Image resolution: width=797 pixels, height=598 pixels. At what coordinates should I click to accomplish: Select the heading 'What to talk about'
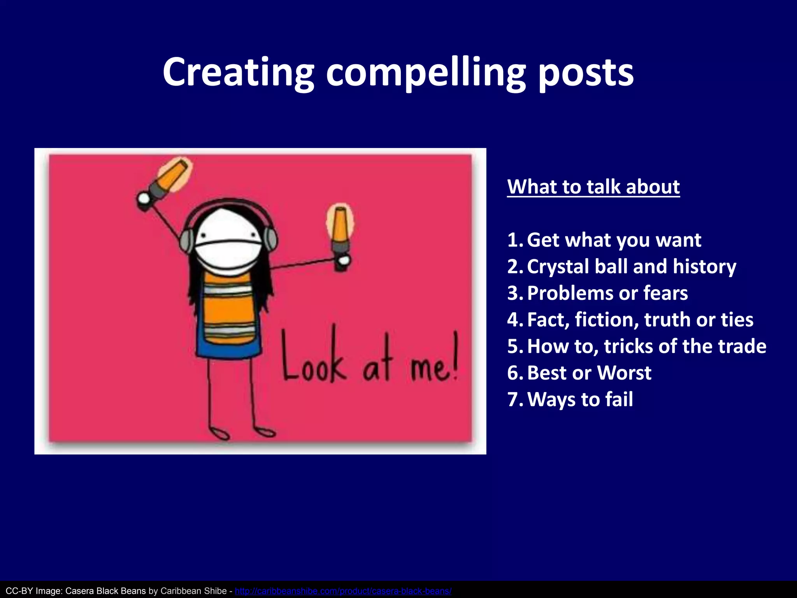(593, 187)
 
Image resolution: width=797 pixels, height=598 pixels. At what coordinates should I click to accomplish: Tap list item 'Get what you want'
(614, 240)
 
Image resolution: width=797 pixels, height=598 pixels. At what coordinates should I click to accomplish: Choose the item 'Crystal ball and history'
(631, 267)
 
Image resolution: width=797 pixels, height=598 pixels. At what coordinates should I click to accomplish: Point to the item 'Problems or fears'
(607, 293)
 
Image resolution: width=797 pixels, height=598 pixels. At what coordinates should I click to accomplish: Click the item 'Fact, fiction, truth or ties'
(640, 320)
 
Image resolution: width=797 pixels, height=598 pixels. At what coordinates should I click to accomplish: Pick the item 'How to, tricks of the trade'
(646, 346)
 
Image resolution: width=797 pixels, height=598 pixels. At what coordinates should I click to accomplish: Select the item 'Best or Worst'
(589, 373)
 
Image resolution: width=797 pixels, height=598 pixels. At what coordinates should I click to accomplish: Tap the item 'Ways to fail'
(580, 399)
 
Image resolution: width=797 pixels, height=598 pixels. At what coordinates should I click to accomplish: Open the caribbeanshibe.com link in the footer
(343, 591)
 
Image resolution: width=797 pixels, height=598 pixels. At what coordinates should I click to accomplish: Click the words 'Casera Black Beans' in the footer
(105, 591)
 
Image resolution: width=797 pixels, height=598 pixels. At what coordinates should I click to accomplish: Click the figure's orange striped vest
(229, 308)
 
